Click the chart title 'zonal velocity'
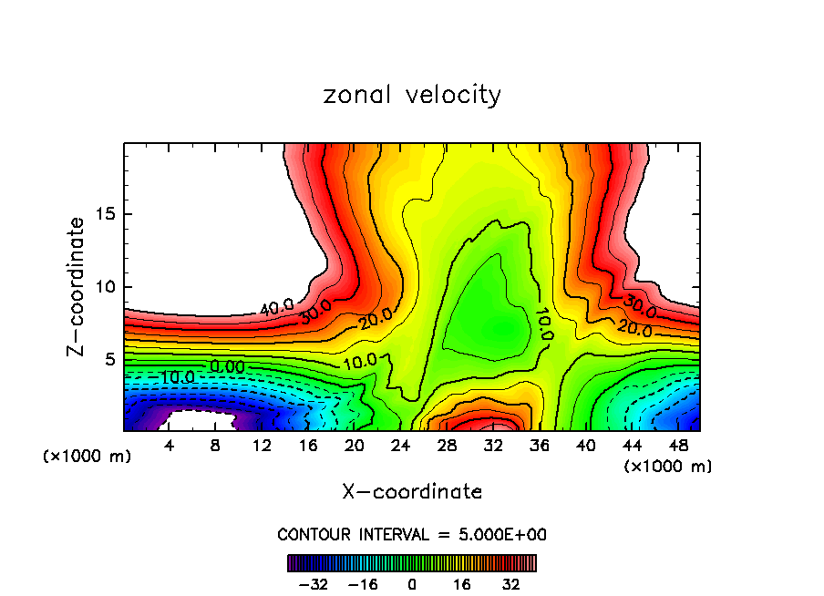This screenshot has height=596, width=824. pos(412,95)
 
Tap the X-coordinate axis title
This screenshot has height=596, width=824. pos(412,491)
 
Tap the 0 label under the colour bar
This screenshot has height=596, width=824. pos(412,584)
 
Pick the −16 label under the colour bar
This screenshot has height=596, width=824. pos(363,584)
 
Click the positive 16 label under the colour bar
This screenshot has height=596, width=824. pos(462,584)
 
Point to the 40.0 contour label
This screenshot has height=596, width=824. pos(276,308)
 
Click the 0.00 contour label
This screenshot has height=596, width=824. pos(226,366)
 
